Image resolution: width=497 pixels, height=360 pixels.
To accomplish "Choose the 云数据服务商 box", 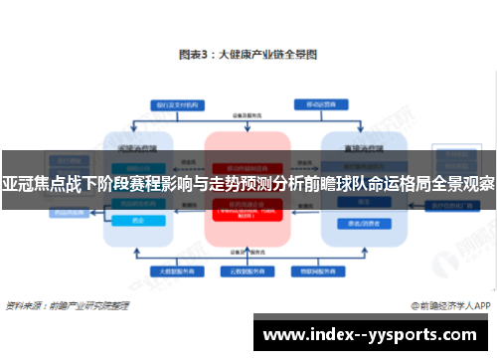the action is [x=248, y=270].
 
